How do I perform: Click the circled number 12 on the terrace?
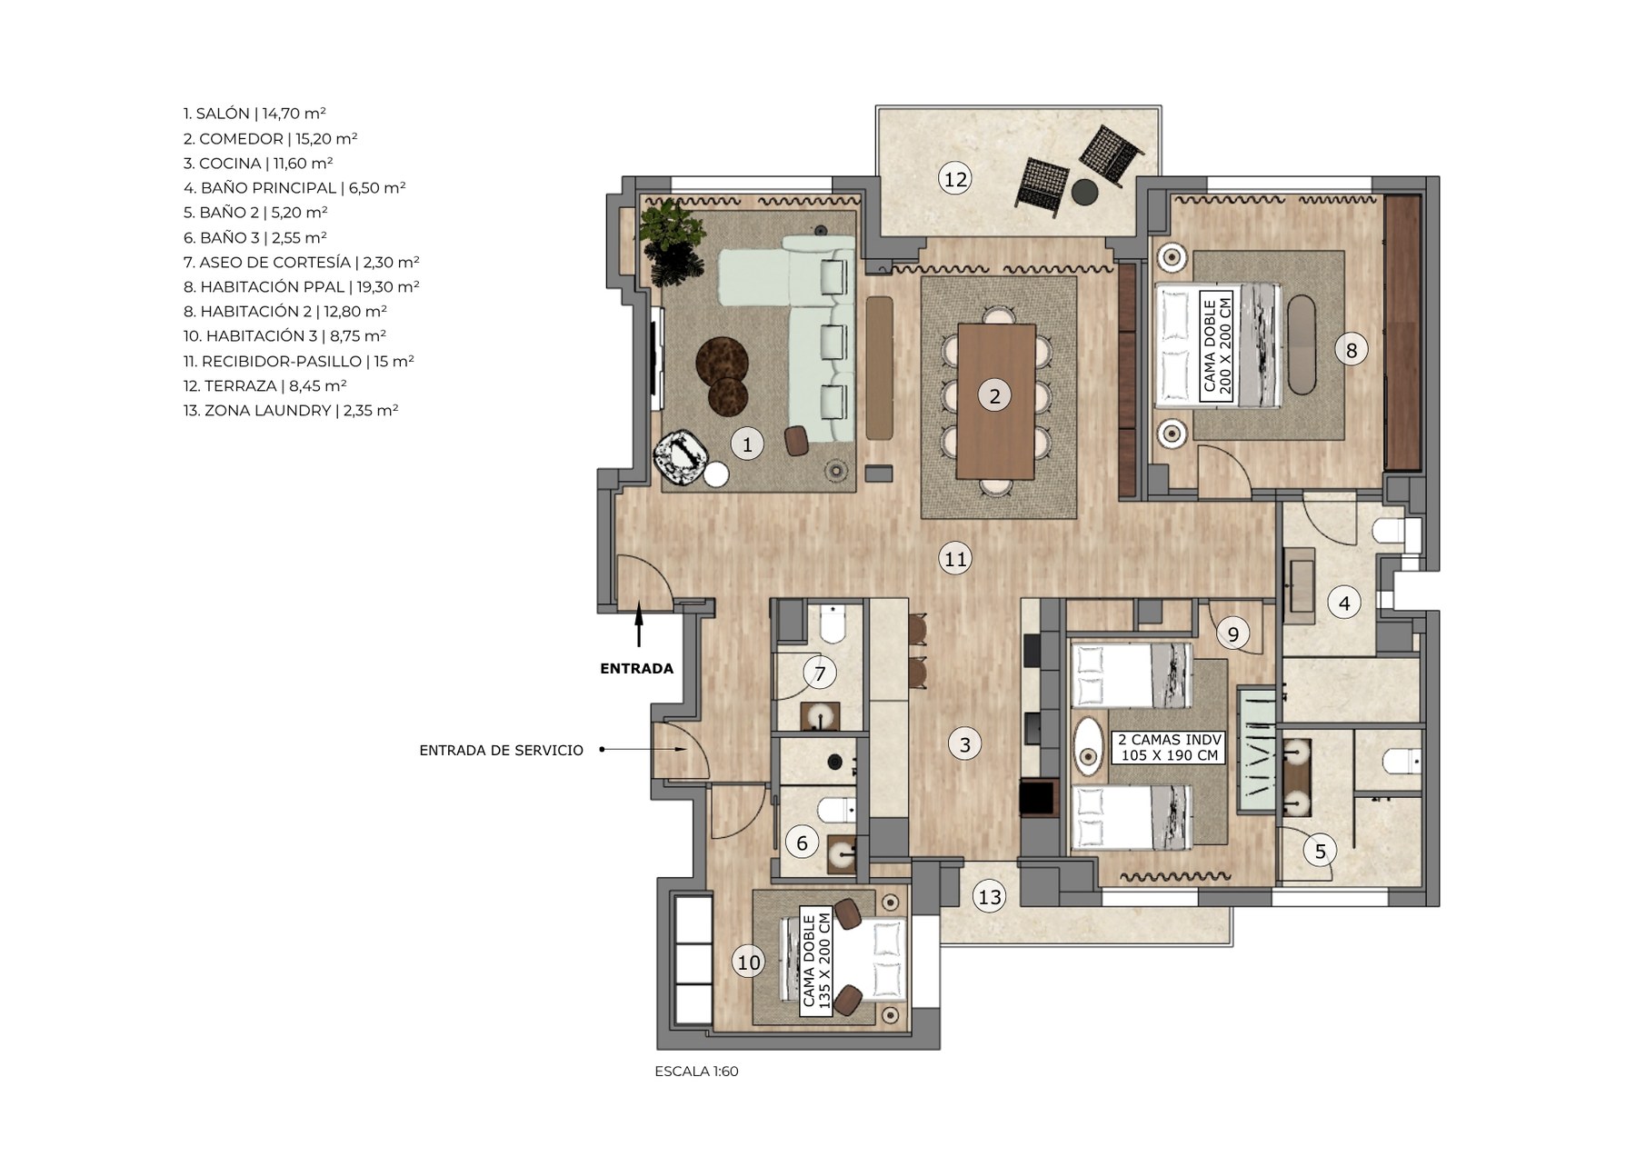click(955, 179)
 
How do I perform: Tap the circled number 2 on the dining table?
click(994, 395)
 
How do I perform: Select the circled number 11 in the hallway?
click(955, 558)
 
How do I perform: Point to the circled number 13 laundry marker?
click(989, 897)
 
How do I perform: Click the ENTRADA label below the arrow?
click(636, 669)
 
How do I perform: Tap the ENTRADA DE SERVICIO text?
click(501, 751)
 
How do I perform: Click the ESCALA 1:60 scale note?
click(696, 1072)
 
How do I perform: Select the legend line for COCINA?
click(258, 164)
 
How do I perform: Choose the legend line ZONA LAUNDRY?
click(291, 410)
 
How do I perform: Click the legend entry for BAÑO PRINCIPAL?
click(294, 188)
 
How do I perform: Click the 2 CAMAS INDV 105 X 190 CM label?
click(1169, 747)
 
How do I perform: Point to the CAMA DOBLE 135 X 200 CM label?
click(816, 962)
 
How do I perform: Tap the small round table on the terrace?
click(1083, 193)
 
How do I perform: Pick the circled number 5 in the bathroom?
click(1320, 851)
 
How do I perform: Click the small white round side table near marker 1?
click(716, 475)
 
